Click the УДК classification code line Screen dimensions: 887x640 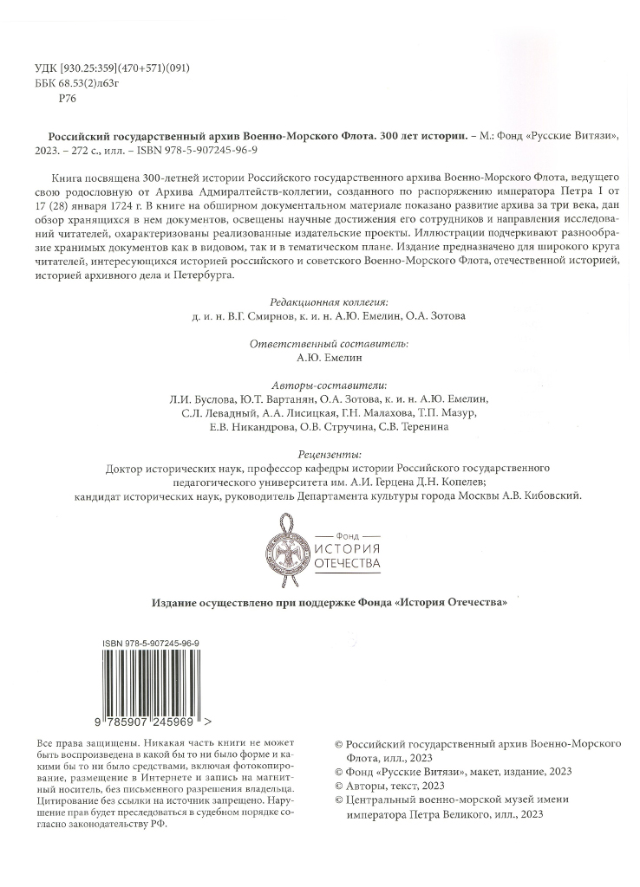tap(112, 68)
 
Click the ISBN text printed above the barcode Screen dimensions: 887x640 tap(151, 644)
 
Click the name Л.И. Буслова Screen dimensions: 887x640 tap(200, 398)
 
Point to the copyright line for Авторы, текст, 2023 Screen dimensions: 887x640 tap(389, 786)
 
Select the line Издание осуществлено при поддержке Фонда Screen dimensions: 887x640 tap(330, 603)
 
